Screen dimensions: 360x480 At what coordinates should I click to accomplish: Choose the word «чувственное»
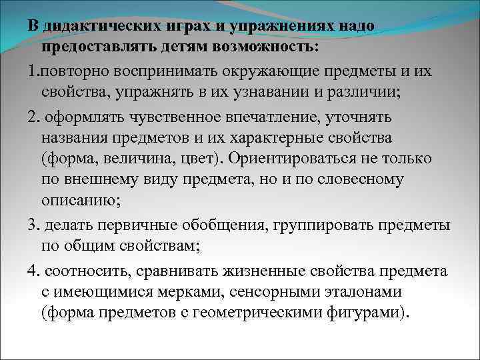coord(161,117)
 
